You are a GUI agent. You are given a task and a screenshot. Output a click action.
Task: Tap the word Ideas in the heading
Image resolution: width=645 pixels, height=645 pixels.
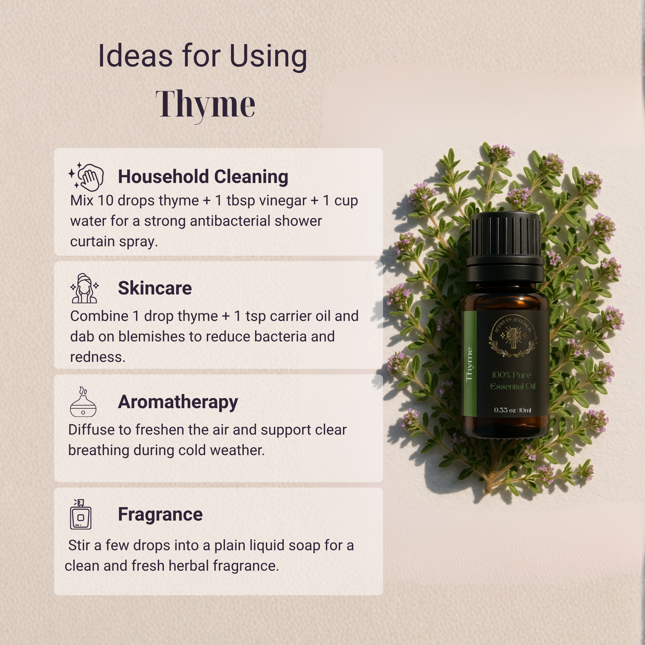click(x=135, y=56)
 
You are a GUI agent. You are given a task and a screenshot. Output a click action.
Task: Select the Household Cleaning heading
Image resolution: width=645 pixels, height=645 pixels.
click(x=203, y=177)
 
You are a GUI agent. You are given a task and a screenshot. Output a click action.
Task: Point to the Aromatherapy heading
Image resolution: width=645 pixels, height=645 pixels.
click(x=178, y=402)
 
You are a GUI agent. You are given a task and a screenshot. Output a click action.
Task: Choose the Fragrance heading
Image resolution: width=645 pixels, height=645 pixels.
click(x=160, y=514)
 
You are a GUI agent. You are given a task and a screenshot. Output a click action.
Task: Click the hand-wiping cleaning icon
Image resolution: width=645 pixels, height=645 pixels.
click(x=86, y=177)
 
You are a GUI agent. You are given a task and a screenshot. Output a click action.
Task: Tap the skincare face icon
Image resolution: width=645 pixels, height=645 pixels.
click(x=85, y=288)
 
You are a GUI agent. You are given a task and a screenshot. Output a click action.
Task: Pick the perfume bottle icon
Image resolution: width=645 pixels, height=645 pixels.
click(x=81, y=514)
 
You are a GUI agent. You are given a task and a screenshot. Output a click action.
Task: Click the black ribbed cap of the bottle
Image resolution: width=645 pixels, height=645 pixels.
click(x=505, y=247)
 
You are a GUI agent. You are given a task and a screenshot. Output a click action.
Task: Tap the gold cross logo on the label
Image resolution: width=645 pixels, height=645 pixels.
click(x=513, y=336)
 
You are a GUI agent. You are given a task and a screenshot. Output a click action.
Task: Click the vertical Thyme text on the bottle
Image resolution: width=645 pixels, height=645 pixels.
click(x=469, y=364)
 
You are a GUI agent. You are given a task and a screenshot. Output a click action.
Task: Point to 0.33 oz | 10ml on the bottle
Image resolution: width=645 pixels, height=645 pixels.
click(x=512, y=410)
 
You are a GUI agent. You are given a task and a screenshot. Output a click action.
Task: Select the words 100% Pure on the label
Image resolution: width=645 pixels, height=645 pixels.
click(x=511, y=375)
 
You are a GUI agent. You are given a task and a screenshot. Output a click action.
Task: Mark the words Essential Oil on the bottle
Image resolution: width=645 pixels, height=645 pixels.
click(x=512, y=386)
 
